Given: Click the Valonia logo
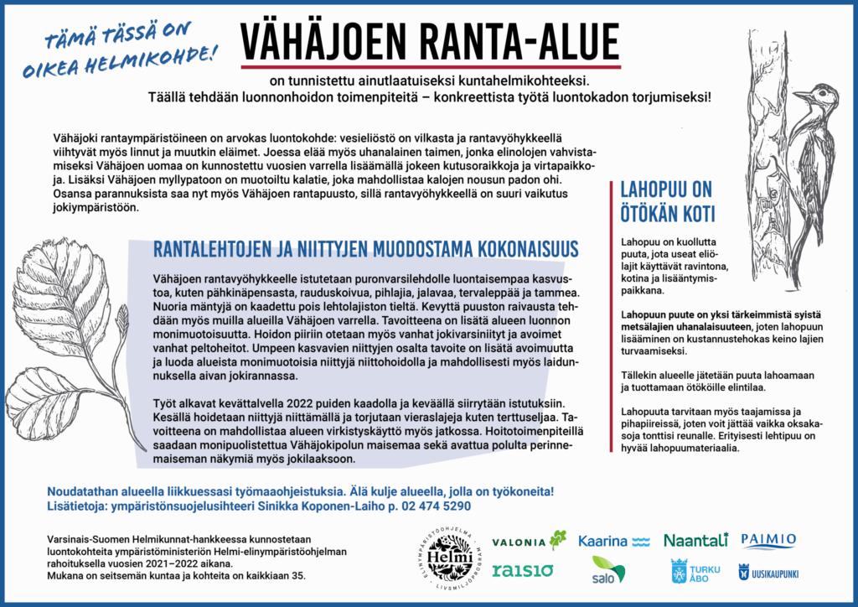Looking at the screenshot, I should click(x=530, y=541).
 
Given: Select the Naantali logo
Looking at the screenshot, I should click(x=695, y=540).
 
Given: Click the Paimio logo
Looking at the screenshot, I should click(x=768, y=540).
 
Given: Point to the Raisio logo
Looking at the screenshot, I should click(x=521, y=571).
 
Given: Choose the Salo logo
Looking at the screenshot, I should click(x=607, y=570).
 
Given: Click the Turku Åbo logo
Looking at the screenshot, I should click(x=695, y=571).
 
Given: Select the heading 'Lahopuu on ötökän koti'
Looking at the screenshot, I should click(x=667, y=201).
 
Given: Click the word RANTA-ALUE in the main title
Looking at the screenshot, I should click(x=526, y=39).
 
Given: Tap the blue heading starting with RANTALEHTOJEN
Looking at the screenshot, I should click(x=365, y=249).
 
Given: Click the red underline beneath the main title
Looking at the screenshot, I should click(x=431, y=65).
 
